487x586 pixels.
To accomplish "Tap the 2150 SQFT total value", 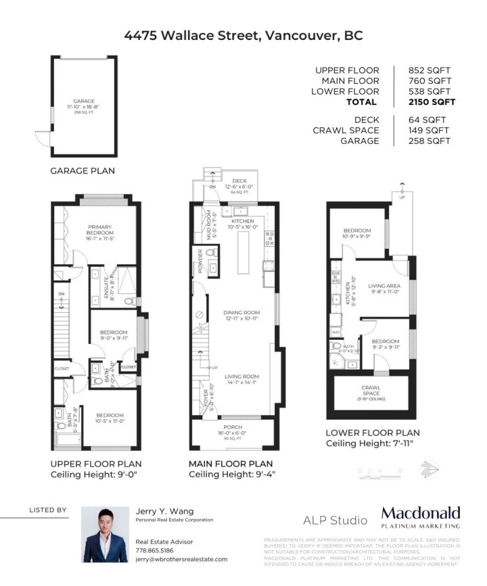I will (432, 103).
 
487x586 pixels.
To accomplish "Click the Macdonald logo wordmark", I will (420, 513).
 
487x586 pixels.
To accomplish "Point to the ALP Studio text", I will (334, 521).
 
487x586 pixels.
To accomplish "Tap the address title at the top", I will (243, 36).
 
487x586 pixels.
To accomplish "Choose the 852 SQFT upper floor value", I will (429, 70).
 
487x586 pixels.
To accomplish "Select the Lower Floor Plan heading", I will (372, 433).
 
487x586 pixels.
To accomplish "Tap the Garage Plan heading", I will (83, 171).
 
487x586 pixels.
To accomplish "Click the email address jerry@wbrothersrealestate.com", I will (181, 560).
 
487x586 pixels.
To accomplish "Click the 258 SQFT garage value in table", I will (429, 141).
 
